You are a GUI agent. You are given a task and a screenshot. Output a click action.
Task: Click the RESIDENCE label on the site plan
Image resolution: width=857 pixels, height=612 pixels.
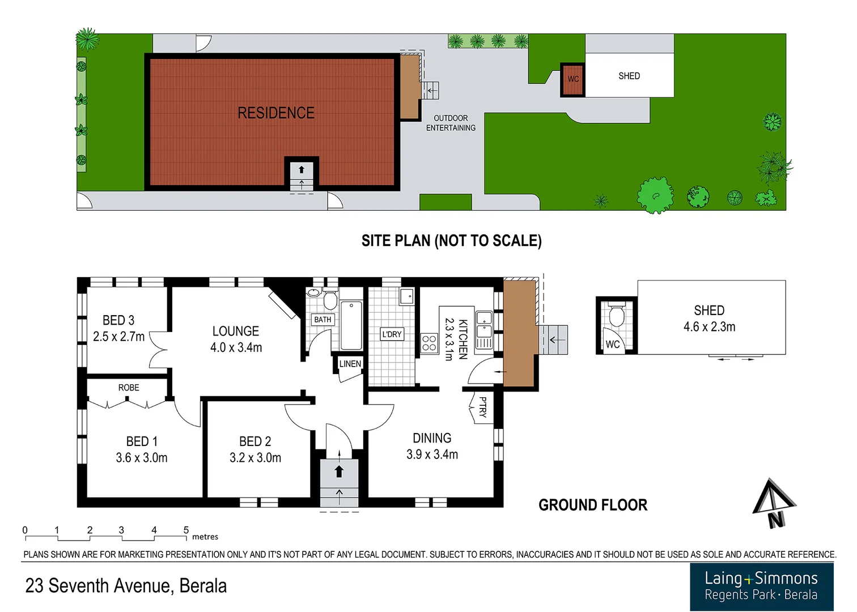(276, 113)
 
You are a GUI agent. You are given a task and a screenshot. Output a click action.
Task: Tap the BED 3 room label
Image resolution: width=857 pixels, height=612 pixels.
(118, 321)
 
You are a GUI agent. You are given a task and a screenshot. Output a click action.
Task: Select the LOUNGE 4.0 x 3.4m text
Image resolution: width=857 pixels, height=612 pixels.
(236, 339)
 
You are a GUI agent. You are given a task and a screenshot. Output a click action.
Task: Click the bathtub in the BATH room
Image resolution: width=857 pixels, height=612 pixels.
(351, 326)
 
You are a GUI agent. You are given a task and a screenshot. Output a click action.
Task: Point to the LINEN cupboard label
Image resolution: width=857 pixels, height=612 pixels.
(350, 364)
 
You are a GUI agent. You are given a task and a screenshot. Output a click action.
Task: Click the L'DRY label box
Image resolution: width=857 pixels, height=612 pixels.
(392, 334)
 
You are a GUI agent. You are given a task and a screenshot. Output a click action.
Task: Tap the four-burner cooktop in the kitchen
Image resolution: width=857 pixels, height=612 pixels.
(429, 343)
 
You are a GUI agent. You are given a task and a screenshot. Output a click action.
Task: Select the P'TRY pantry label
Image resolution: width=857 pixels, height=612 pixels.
(482, 407)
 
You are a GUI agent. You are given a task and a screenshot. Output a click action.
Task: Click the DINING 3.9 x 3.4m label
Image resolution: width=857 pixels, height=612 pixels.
(432, 446)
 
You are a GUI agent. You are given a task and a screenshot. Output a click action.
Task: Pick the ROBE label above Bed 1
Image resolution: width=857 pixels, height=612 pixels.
(129, 388)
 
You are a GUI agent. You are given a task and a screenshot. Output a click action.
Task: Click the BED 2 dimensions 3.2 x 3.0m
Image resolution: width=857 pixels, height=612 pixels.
(255, 458)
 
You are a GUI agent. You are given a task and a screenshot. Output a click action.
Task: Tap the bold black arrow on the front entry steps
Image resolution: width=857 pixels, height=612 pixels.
(339, 471)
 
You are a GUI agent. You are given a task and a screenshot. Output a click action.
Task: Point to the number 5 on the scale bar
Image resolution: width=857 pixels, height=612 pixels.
(186, 530)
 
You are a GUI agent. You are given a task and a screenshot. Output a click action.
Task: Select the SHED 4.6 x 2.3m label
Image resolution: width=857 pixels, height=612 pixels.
(709, 318)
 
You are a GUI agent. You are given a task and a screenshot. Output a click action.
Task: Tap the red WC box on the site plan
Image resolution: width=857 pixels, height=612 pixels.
(573, 79)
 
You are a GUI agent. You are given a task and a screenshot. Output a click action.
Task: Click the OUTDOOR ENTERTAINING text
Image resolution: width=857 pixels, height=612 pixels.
(451, 123)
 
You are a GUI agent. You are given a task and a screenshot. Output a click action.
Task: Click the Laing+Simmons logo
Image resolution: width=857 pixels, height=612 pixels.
(761, 586)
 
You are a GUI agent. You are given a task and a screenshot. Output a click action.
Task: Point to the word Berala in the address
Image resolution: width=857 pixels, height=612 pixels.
(203, 586)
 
